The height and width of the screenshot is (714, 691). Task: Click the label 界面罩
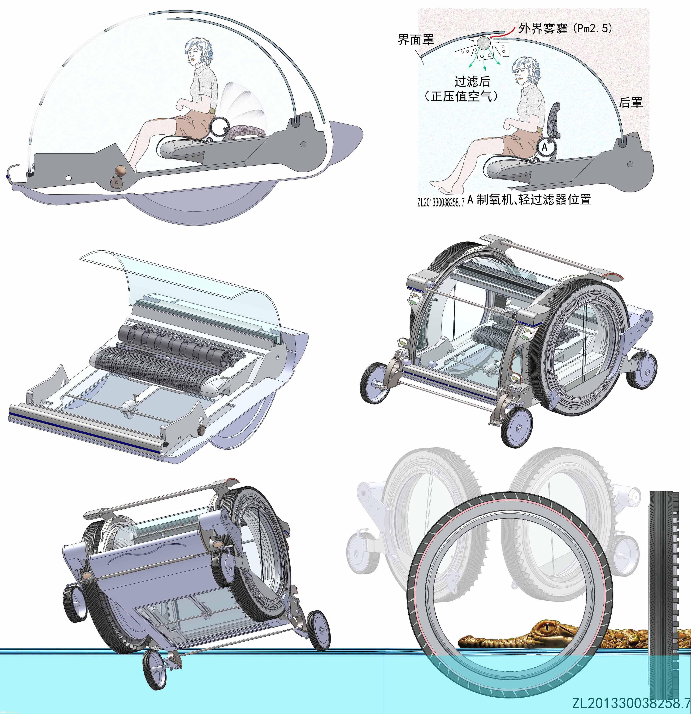(x=416, y=39)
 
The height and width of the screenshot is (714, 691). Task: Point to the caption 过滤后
(x=472, y=81)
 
